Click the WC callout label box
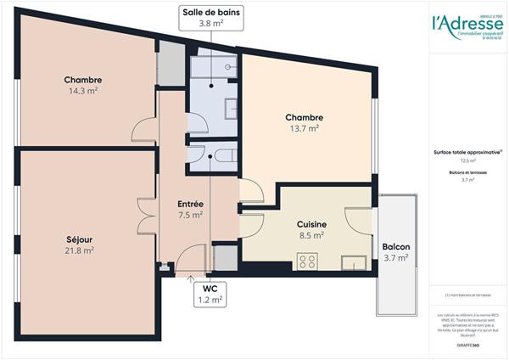click(x=210, y=294)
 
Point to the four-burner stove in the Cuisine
click(x=308, y=262)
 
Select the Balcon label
click(x=396, y=246)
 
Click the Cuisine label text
click(x=311, y=224)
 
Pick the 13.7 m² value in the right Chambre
click(x=303, y=129)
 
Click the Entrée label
click(x=189, y=204)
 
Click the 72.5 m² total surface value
click(x=468, y=160)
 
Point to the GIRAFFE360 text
click(x=467, y=333)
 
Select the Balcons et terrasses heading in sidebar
click(x=467, y=172)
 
